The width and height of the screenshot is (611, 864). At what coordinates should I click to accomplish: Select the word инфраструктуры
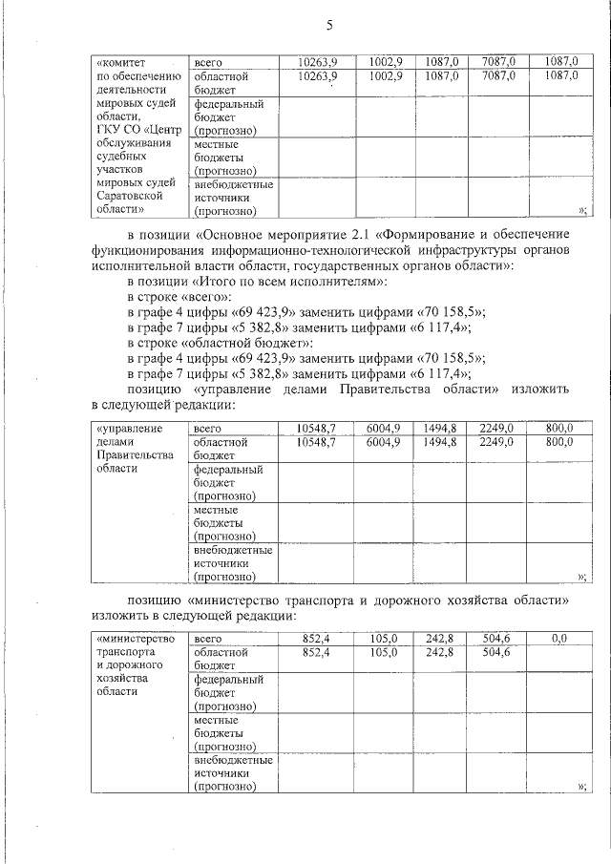click(440, 249)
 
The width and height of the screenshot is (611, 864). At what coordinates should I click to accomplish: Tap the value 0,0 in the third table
click(558, 639)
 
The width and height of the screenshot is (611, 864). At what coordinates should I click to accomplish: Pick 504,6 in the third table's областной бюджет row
click(497, 652)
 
